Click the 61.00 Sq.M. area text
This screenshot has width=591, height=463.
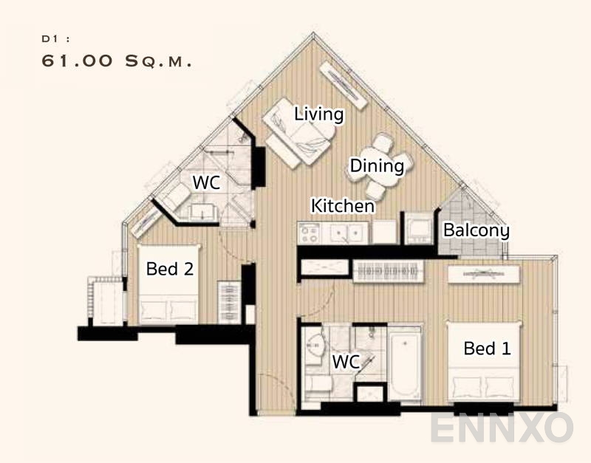click(117, 62)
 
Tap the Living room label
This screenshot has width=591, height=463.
click(319, 114)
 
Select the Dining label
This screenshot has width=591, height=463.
click(377, 166)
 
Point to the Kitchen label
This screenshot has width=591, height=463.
click(342, 205)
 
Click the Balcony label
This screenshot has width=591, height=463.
click(476, 230)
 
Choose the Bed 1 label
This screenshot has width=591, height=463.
click(487, 348)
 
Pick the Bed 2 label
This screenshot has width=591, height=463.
click(170, 269)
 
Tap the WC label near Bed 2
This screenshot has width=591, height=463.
click(206, 182)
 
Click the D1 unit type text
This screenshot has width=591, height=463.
click(51, 37)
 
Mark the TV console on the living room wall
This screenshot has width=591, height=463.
click(343, 82)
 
